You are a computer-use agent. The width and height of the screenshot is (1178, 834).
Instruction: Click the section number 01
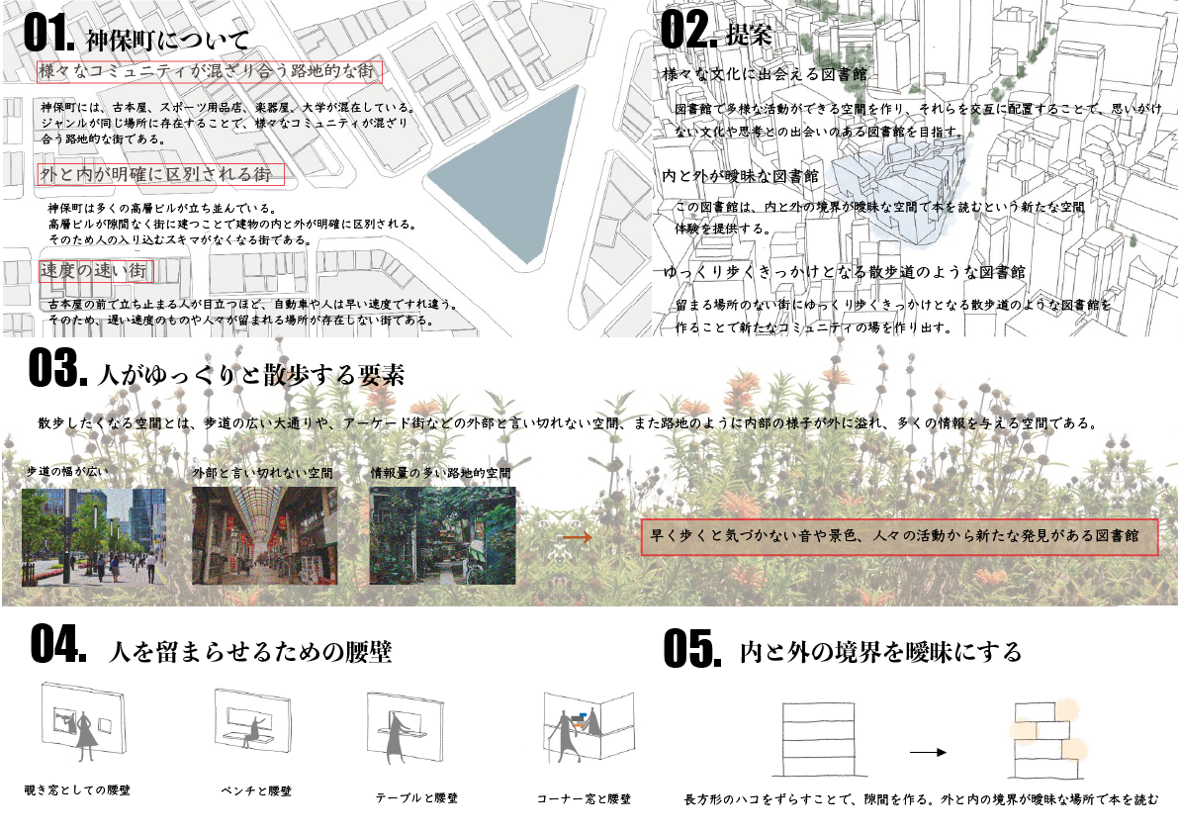click(48, 33)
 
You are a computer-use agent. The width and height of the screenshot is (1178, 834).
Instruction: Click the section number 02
click(688, 30)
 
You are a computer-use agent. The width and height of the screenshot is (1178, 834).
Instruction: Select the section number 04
click(57, 645)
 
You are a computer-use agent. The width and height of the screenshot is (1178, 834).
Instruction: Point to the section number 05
click(692, 648)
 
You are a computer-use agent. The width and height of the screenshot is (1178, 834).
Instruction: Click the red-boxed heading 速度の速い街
click(96, 271)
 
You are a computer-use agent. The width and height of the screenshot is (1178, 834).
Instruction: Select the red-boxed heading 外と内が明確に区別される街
click(161, 174)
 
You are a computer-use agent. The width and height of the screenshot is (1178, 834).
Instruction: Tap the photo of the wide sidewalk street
click(94, 536)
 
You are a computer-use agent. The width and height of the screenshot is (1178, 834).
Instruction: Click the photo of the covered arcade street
click(264, 535)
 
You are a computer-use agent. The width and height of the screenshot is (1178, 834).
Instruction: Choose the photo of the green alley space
click(442, 535)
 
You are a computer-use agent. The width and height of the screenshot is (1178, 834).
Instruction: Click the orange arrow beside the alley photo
click(577, 537)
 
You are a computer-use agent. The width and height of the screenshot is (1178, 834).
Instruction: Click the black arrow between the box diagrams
click(928, 751)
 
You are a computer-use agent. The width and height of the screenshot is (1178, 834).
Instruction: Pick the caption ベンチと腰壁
click(256, 791)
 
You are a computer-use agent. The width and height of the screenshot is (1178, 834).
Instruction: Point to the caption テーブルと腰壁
click(417, 798)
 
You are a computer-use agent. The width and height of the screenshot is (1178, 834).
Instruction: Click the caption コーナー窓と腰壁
click(584, 798)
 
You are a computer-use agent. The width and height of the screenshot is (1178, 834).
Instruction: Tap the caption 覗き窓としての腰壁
click(77, 789)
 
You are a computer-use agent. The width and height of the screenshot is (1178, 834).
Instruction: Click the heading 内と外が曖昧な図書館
click(741, 176)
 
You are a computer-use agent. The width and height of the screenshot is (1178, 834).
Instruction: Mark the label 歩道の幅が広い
click(67, 471)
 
